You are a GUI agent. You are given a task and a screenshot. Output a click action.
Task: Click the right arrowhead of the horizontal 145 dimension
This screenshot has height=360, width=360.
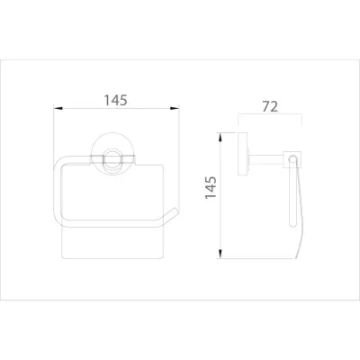[176, 109]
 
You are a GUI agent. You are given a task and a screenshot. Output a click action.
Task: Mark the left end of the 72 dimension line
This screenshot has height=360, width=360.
[238, 115]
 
